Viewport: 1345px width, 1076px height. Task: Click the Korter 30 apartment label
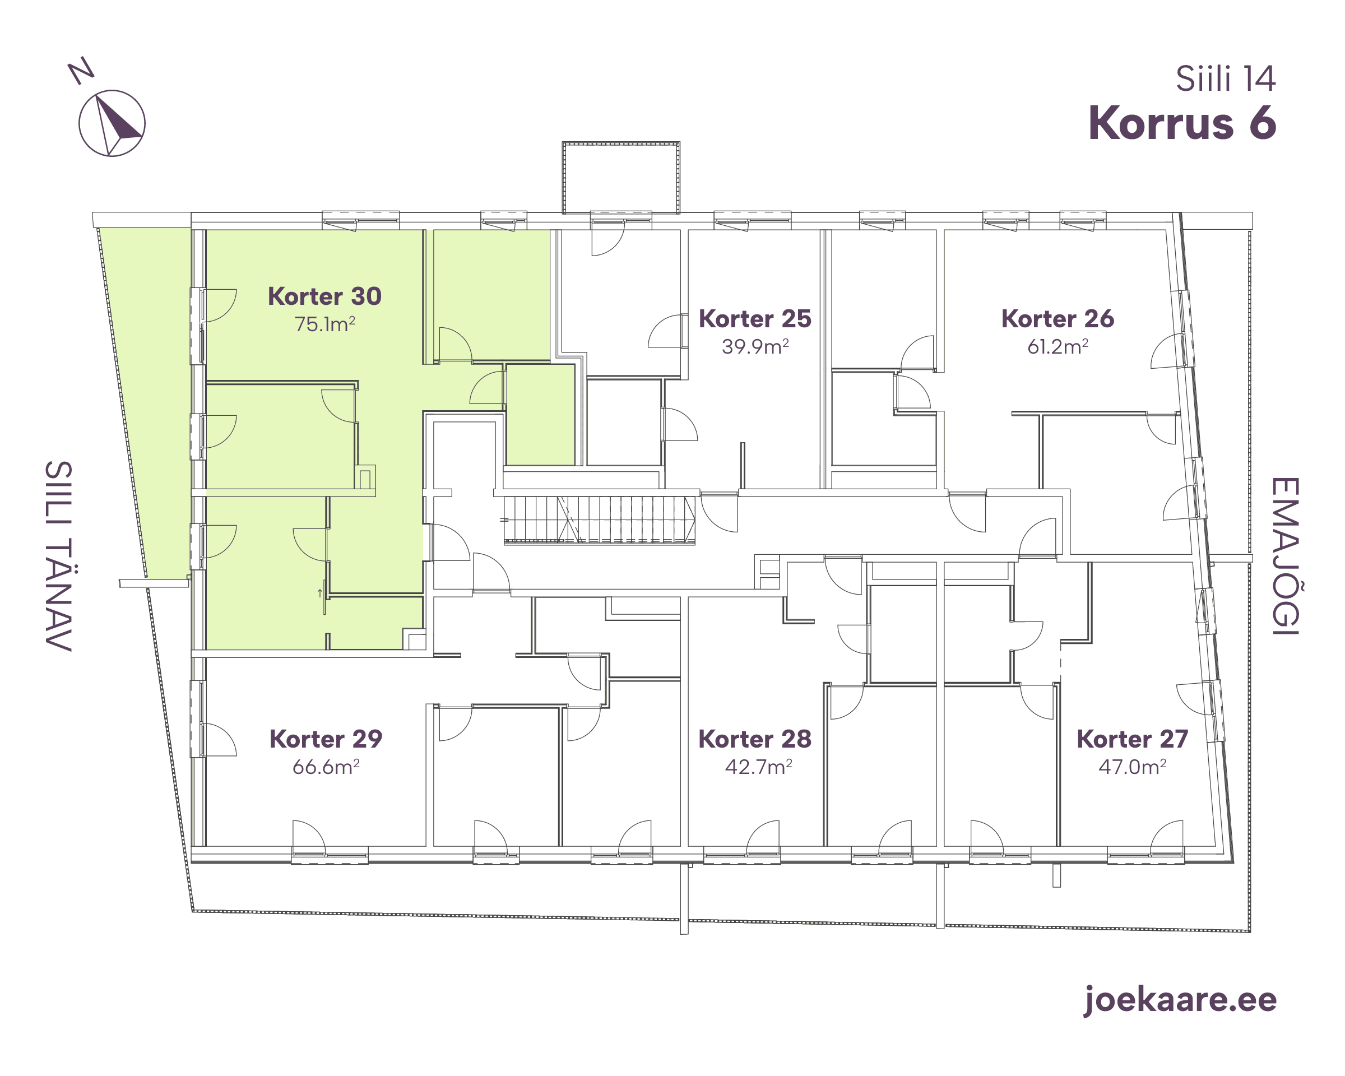324,296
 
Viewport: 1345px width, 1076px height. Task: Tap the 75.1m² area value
324,324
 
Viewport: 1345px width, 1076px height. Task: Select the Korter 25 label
755,319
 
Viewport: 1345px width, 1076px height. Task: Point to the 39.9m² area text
755,346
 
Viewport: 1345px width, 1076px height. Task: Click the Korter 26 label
1058,319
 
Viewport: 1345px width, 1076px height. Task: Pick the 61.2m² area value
1058,346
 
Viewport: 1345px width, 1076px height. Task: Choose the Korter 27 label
1132,739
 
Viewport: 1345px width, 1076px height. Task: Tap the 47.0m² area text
1132,767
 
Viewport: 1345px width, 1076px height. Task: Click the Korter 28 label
755,739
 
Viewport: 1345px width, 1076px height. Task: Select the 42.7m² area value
758,767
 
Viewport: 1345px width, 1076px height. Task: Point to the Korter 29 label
326,739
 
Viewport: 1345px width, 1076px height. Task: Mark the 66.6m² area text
326,767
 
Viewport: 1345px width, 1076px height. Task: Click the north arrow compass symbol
112,123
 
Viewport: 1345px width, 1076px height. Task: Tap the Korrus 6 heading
1182,123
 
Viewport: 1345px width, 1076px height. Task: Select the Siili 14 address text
1226,79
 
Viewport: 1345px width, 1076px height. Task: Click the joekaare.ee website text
1180,1000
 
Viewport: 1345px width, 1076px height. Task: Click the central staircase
600,520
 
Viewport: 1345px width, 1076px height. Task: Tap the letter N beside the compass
81,71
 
